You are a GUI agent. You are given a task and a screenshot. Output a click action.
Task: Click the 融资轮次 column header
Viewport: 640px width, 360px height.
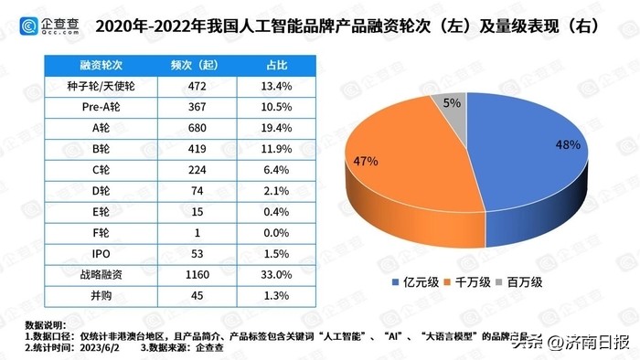pos(90,67)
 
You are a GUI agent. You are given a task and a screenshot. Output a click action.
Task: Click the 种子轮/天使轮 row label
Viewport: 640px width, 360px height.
pos(90,87)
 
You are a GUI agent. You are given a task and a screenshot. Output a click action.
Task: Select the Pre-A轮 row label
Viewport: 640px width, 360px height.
pos(90,108)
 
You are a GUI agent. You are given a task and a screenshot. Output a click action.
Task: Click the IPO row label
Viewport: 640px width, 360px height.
pos(90,253)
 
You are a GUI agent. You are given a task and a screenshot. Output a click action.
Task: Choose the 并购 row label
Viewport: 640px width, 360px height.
pos(90,294)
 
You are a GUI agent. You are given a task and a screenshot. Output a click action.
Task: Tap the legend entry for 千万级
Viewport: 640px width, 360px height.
pos(481,282)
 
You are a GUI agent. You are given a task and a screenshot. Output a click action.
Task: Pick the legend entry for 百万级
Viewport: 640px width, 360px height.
pos(536,282)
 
